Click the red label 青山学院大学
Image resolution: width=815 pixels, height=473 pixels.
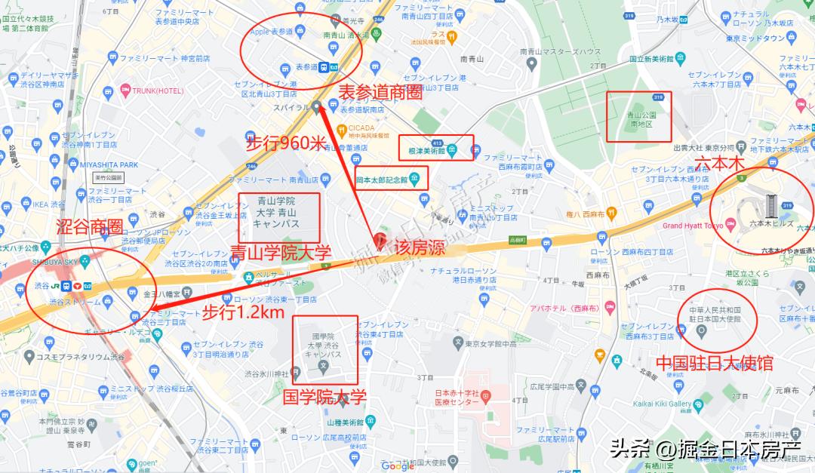tap(281, 253)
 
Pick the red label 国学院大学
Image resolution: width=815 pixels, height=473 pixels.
tap(324, 396)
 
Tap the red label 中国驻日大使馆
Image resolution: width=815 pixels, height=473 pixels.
tap(715, 363)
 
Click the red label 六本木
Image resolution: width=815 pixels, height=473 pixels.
tap(719, 164)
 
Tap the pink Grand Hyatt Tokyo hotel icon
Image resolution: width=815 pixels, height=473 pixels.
tap(730, 226)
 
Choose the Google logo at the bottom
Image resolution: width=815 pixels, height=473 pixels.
tap(398, 465)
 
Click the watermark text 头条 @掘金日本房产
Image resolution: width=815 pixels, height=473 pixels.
tap(705, 450)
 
